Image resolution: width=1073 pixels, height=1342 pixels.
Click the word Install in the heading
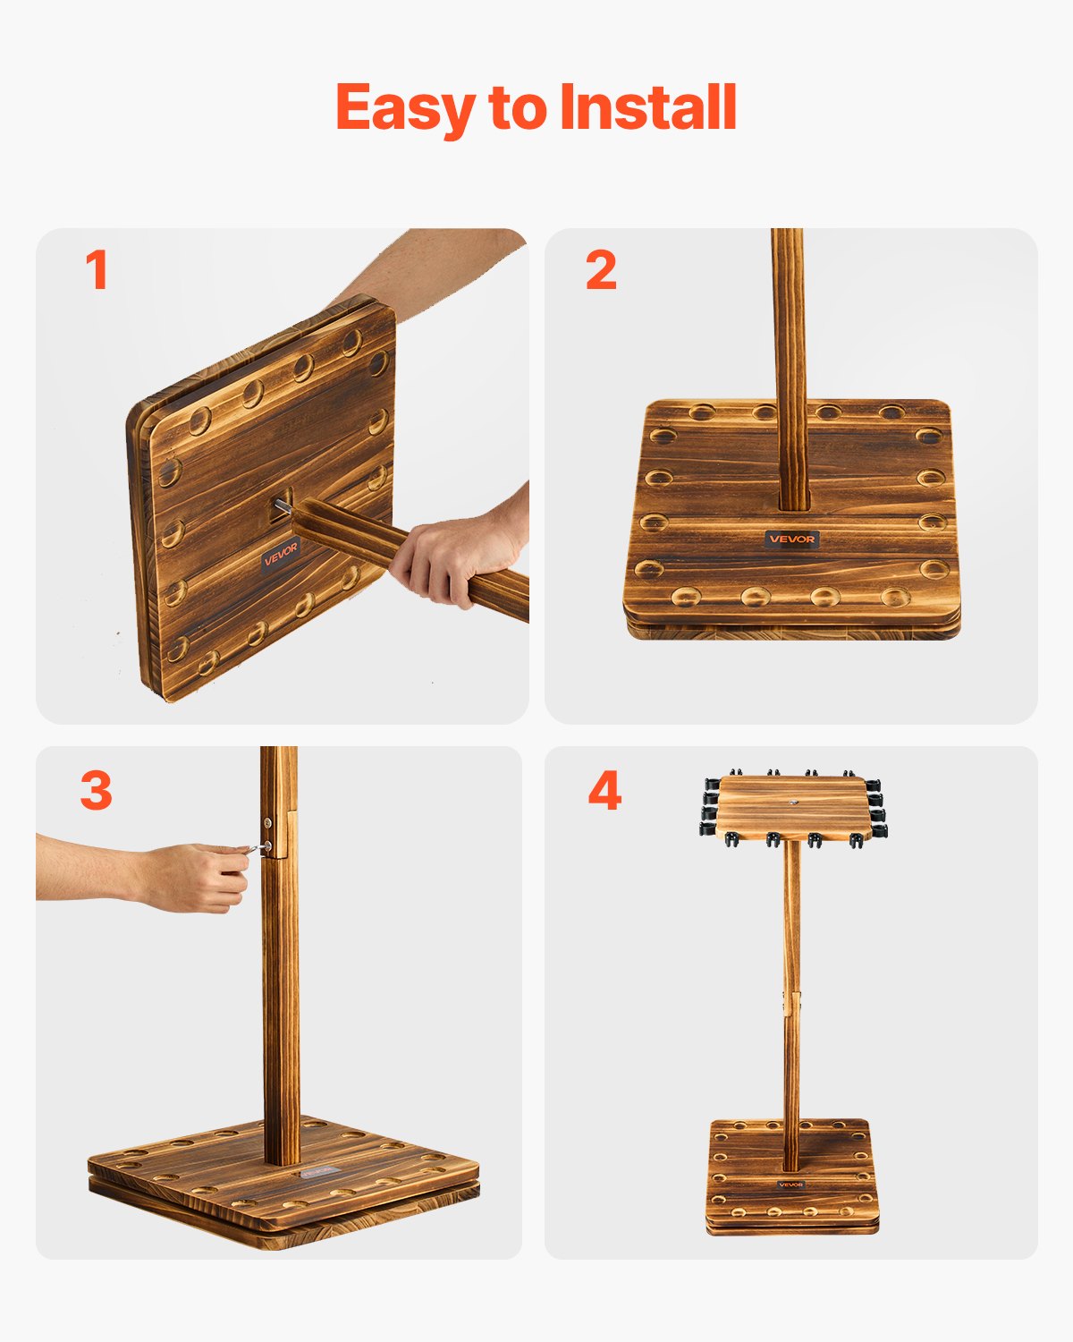(647, 107)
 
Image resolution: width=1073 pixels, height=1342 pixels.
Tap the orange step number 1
(97, 270)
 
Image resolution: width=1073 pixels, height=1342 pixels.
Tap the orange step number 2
(601, 270)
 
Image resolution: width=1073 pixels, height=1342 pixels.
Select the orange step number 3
(97, 791)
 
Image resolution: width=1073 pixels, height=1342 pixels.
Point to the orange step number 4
(604, 791)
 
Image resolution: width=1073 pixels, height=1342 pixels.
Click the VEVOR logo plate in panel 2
(792, 539)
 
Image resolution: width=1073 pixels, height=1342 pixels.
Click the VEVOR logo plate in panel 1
(281, 557)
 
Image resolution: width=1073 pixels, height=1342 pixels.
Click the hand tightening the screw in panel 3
(201, 877)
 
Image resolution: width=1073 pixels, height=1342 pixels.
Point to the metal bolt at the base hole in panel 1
(283, 507)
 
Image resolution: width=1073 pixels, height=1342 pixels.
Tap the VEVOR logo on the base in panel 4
(790, 1185)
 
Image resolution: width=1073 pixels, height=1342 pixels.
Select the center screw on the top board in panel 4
(794, 803)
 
